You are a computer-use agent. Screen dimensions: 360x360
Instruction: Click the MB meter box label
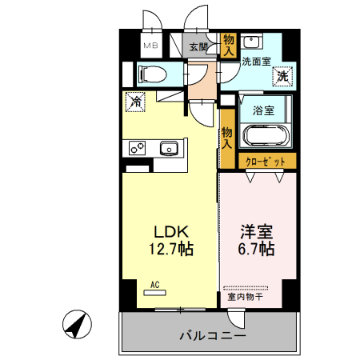pos(150,46)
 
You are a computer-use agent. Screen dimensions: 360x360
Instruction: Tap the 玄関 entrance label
pos(198,46)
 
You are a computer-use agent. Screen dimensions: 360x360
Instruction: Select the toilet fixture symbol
pos(151,74)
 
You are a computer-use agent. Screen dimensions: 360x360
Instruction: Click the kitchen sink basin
pos(169,148)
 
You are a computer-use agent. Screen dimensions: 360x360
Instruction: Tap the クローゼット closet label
pos(265,162)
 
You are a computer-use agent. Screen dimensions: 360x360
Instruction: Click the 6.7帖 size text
pos(257,250)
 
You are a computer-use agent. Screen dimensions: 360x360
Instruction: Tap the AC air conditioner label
pos(154,284)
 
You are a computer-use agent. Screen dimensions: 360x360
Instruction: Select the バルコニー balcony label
pos(212,334)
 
